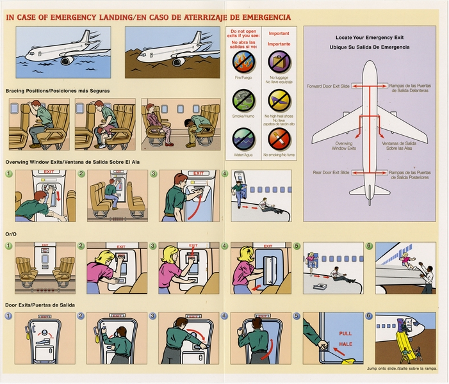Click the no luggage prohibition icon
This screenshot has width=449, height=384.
pos(279,61)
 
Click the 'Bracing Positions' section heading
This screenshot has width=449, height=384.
pos(58,91)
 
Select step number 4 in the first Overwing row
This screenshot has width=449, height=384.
pos(224,173)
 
